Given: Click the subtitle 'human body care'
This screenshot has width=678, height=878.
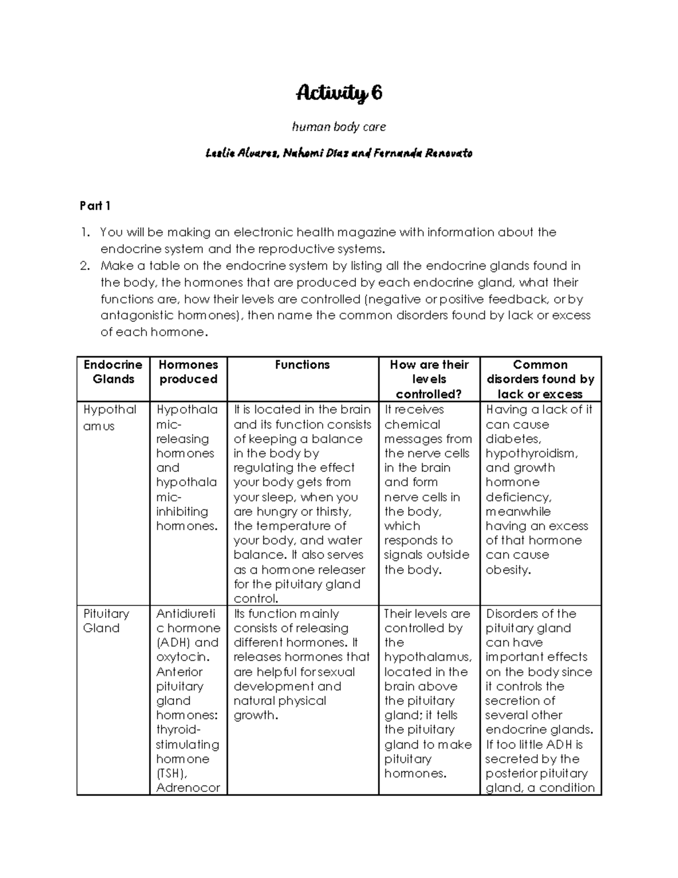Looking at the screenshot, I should [x=339, y=127].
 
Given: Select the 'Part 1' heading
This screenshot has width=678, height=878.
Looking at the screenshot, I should [x=95, y=206].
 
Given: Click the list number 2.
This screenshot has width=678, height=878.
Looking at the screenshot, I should [x=85, y=266].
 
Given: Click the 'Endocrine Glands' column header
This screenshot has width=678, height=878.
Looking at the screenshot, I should [x=113, y=372].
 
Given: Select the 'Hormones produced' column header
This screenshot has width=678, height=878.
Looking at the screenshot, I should [x=188, y=372].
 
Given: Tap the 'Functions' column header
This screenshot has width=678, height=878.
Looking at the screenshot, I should [x=302, y=365].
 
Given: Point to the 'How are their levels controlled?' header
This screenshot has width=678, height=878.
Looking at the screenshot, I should [x=429, y=379].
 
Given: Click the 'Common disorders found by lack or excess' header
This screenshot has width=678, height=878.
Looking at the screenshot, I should [x=540, y=379].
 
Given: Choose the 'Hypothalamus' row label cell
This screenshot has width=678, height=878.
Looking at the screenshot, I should [x=110, y=417].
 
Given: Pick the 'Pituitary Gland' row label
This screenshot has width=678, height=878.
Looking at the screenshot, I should [x=106, y=621].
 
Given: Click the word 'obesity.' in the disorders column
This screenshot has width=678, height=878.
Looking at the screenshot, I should [x=508, y=570].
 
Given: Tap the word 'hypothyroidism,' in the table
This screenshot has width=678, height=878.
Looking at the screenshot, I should [x=532, y=453].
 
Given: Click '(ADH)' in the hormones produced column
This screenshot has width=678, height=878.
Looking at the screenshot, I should [x=173, y=643].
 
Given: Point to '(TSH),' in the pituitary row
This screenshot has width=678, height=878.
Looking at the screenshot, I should [x=172, y=773].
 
